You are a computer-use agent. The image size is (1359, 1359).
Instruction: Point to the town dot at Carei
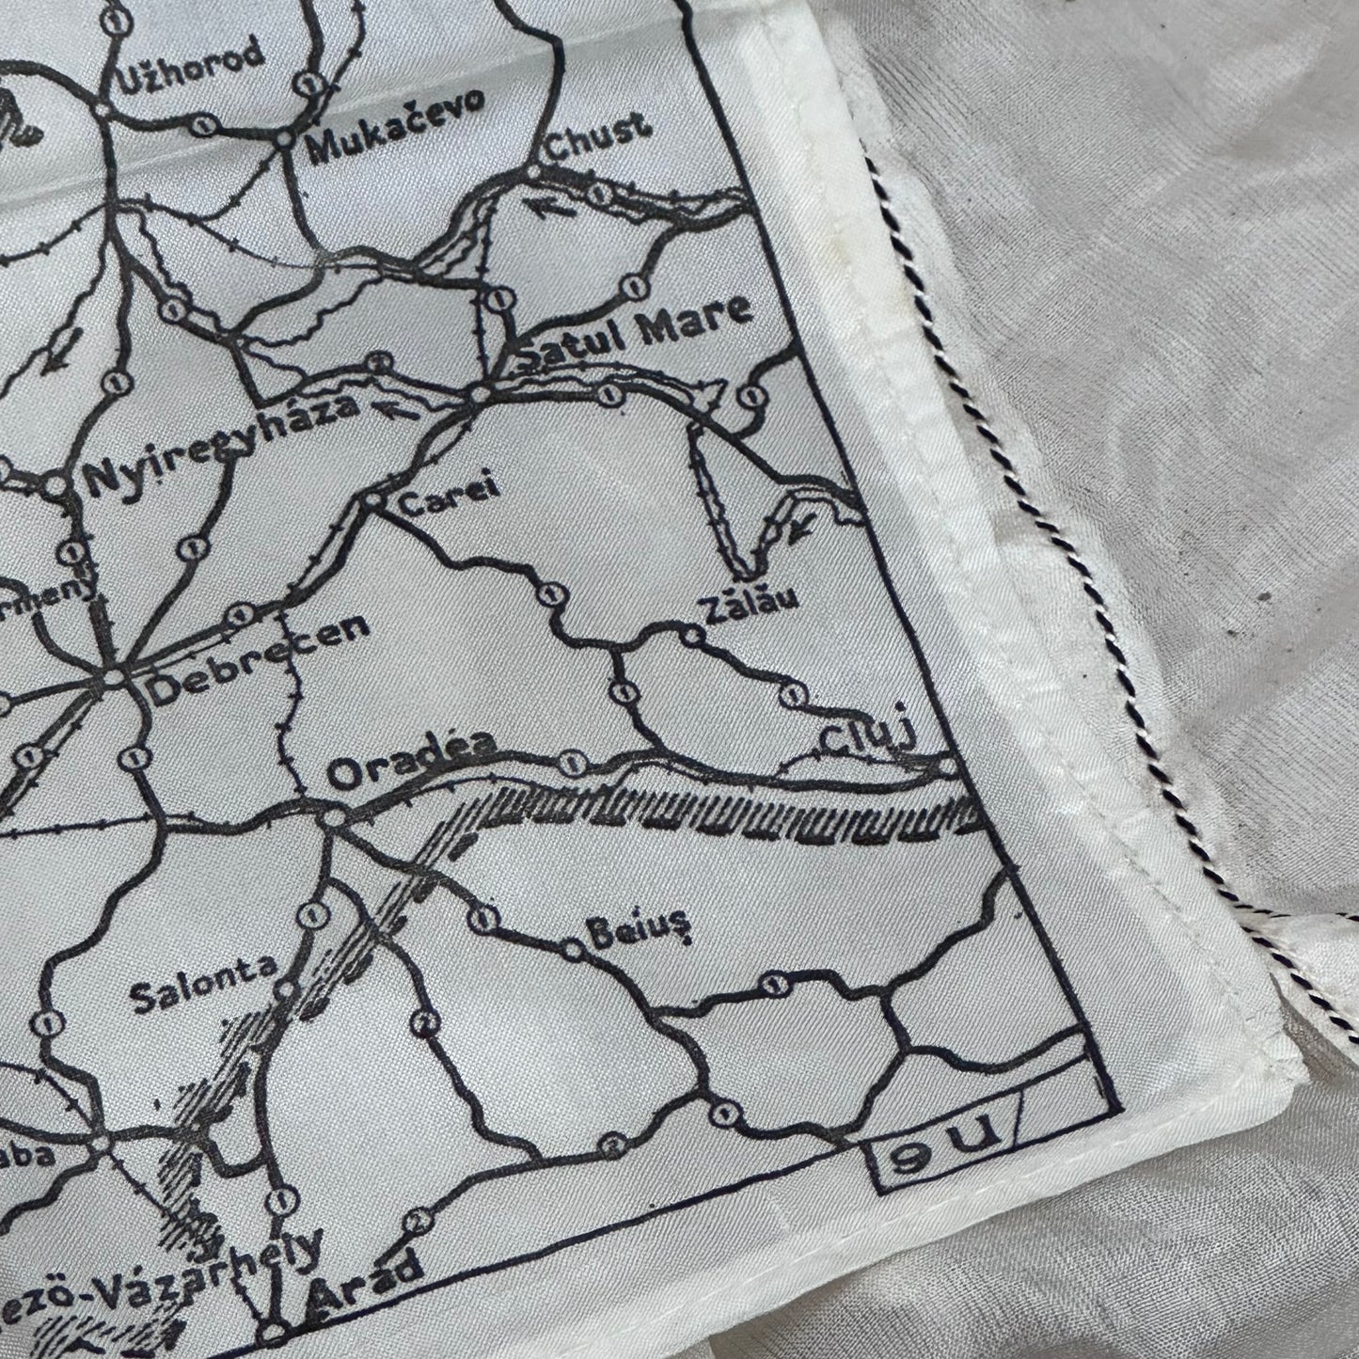click(x=373, y=501)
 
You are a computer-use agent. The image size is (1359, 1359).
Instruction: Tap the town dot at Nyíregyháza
click(x=58, y=485)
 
